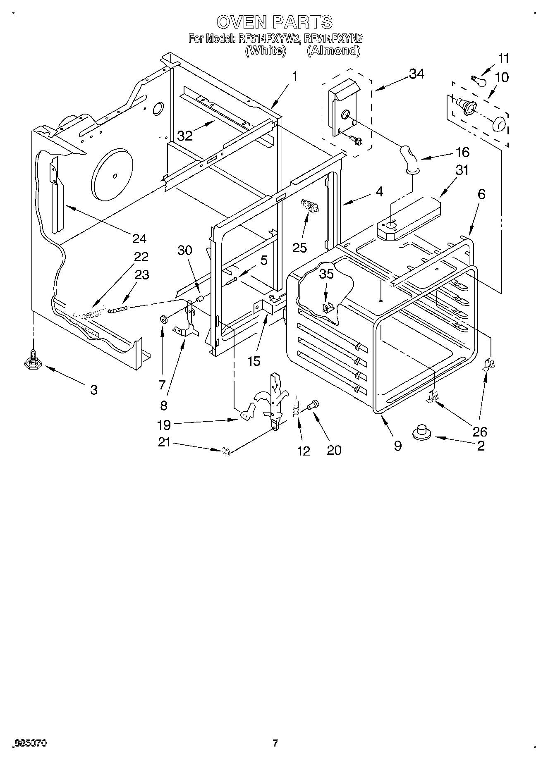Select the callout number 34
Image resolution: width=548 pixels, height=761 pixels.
point(417,74)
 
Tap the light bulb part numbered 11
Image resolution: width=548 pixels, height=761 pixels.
point(479,80)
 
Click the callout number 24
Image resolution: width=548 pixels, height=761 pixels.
point(139,239)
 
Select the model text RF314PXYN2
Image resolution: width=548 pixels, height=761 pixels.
point(333,38)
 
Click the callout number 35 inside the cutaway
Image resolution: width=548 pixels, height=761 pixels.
point(326,275)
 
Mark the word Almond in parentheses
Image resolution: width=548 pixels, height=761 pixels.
point(333,50)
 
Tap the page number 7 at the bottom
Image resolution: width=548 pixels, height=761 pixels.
point(275,743)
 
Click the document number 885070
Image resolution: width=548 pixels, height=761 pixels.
point(31,743)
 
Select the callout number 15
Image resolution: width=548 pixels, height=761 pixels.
point(254,361)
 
